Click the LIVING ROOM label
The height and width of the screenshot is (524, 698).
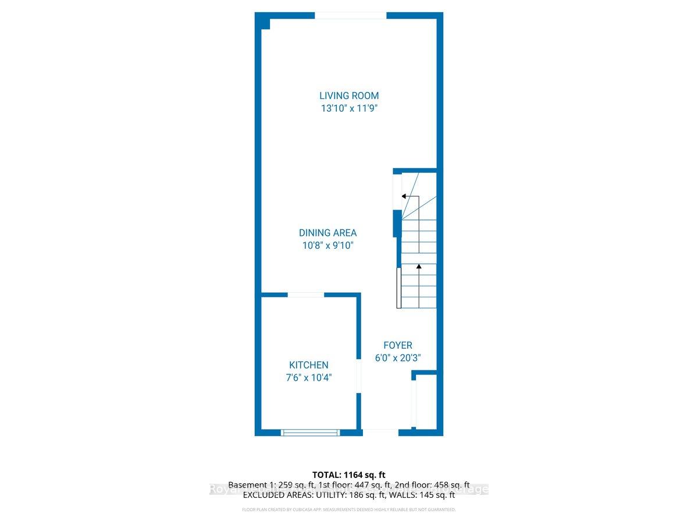pyautogui.click(x=349, y=95)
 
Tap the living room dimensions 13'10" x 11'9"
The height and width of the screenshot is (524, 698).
pyautogui.click(x=349, y=108)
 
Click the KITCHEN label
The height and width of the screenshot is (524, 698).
pyautogui.click(x=309, y=365)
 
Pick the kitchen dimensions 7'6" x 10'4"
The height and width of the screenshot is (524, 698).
pyautogui.click(x=309, y=378)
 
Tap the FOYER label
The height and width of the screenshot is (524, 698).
pyautogui.click(x=398, y=345)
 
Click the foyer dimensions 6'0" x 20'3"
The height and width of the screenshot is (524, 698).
pyautogui.click(x=398, y=358)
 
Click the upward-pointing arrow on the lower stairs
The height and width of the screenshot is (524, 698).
pyautogui.click(x=418, y=267)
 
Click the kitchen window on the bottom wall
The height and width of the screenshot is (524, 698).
pyautogui.click(x=309, y=432)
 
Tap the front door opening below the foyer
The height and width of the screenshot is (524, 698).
pyautogui.click(x=380, y=431)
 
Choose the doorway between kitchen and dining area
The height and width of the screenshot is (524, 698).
pyautogui.click(x=306, y=295)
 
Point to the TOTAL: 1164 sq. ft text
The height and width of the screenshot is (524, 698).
pyautogui.click(x=349, y=475)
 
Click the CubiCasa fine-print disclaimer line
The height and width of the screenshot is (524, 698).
pyautogui.click(x=349, y=510)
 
